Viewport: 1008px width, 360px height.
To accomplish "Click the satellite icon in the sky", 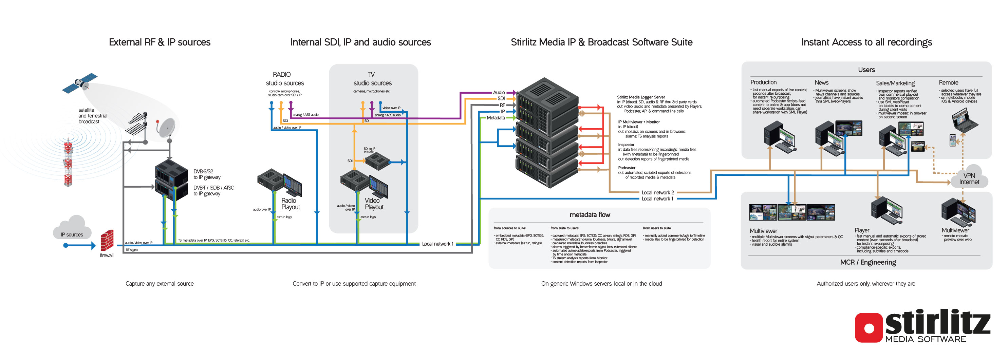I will click(x=80, y=83).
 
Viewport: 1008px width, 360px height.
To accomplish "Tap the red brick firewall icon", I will click(x=107, y=240).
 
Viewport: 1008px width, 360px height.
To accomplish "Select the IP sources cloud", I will click(x=72, y=229).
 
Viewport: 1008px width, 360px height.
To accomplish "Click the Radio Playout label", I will click(x=290, y=204).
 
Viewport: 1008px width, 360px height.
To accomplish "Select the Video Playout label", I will click(x=374, y=204).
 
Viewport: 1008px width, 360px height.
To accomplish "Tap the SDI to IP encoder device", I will click(x=377, y=160).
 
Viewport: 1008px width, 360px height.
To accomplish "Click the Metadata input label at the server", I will click(x=496, y=118).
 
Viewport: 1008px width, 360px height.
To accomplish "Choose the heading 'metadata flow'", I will click(x=590, y=215).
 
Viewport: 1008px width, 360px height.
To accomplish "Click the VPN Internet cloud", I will click(x=969, y=178).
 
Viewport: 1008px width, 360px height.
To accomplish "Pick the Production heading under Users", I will click(x=763, y=82).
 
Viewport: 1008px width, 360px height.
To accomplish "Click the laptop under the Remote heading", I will click(x=964, y=120).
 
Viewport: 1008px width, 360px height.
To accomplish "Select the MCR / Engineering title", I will click(x=868, y=262).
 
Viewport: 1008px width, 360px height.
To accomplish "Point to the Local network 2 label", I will click(x=658, y=192).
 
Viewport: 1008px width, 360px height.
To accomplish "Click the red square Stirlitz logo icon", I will click(x=869, y=327).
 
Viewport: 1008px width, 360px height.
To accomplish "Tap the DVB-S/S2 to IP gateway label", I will click(x=207, y=174).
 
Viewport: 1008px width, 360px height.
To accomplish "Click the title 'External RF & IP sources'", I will click(x=160, y=42).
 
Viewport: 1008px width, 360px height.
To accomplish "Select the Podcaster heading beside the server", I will click(x=627, y=168).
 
